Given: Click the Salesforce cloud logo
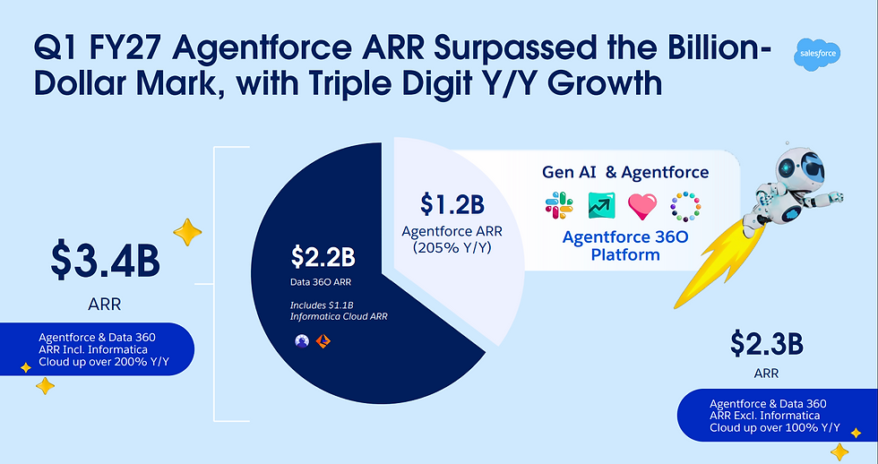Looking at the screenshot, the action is click(817, 55).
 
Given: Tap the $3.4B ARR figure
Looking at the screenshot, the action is click(105, 262).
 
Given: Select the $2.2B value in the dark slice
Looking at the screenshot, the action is click(323, 257).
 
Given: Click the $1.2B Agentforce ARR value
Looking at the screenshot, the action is click(452, 204).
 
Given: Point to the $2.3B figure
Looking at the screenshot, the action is click(767, 343).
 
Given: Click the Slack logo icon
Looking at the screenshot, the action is click(559, 205).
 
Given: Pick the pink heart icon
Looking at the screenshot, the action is click(642, 206).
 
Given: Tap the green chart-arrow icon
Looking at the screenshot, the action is click(601, 205).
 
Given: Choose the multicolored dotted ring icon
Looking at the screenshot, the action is click(685, 206).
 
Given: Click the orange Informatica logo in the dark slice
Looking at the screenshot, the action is click(323, 341).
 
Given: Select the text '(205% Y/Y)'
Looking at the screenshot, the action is click(452, 247).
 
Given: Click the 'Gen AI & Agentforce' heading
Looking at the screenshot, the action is click(625, 172).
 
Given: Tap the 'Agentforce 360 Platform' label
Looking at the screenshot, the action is click(625, 245).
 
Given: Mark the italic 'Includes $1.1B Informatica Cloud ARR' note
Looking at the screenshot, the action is click(339, 311).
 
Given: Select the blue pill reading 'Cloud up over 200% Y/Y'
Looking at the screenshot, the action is click(98, 349).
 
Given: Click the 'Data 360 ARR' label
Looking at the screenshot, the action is click(321, 282).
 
